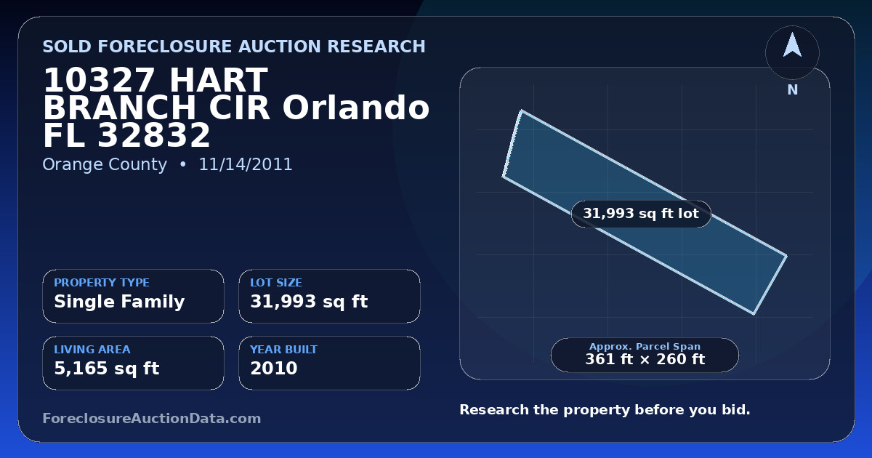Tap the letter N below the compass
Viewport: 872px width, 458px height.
pyautogui.click(x=793, y=90)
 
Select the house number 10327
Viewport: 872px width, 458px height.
pyautogui.click(x=99, y=80)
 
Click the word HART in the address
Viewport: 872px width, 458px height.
pyautogui.click(x=219, y=80)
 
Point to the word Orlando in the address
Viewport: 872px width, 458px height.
pyautogui.click(x=356, y=108)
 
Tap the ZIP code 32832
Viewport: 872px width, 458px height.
pyautogui.click(x=154, y=135)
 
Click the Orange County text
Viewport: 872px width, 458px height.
pyautogui.click(x=105, y=164)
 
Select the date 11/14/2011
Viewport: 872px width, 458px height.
pyautogui.click(x=246, y=164)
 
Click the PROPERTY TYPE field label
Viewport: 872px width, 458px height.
pyautogui.click(x=102, y=282)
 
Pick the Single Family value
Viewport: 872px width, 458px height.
pyautogui.click(x=119, y=302)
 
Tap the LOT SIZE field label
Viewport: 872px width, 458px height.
pyautogui.click(x=276, y=282)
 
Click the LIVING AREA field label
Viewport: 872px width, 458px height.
pyautogui.click(x=92, y=350)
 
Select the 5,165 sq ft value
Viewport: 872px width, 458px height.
pyautogui.click(x=107, y=369)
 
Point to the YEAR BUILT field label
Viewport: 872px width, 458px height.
pyautogui.click(x=284, y=350)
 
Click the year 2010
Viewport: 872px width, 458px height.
pyautogui.click(x=274, y=368)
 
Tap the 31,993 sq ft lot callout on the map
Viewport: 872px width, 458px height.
pyautogui.click(x=641, y=214)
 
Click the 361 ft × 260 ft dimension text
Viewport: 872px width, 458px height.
pyautogui.click(x=645, y=359)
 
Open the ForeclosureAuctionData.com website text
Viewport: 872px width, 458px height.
pyautogui.click(x=152, y=418)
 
